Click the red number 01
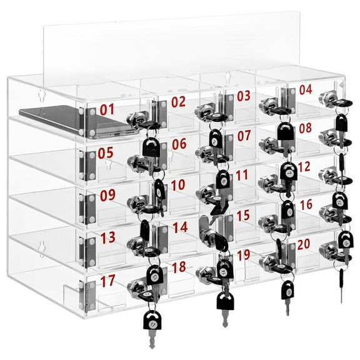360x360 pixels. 107,109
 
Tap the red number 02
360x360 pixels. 178,102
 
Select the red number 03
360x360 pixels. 243,96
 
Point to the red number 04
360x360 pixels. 305,89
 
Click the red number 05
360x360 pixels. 106,152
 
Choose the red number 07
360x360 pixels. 243,135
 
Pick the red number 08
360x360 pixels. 304,128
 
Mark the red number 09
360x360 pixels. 107,194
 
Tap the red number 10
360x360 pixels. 178,185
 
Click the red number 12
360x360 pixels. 304,166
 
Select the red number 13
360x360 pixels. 107,237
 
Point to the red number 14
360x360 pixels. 180,227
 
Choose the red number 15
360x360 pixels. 242,216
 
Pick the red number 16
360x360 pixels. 306,205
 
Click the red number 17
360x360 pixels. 107,281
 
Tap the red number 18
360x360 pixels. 179,267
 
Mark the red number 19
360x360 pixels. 244,255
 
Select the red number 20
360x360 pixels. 305,244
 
